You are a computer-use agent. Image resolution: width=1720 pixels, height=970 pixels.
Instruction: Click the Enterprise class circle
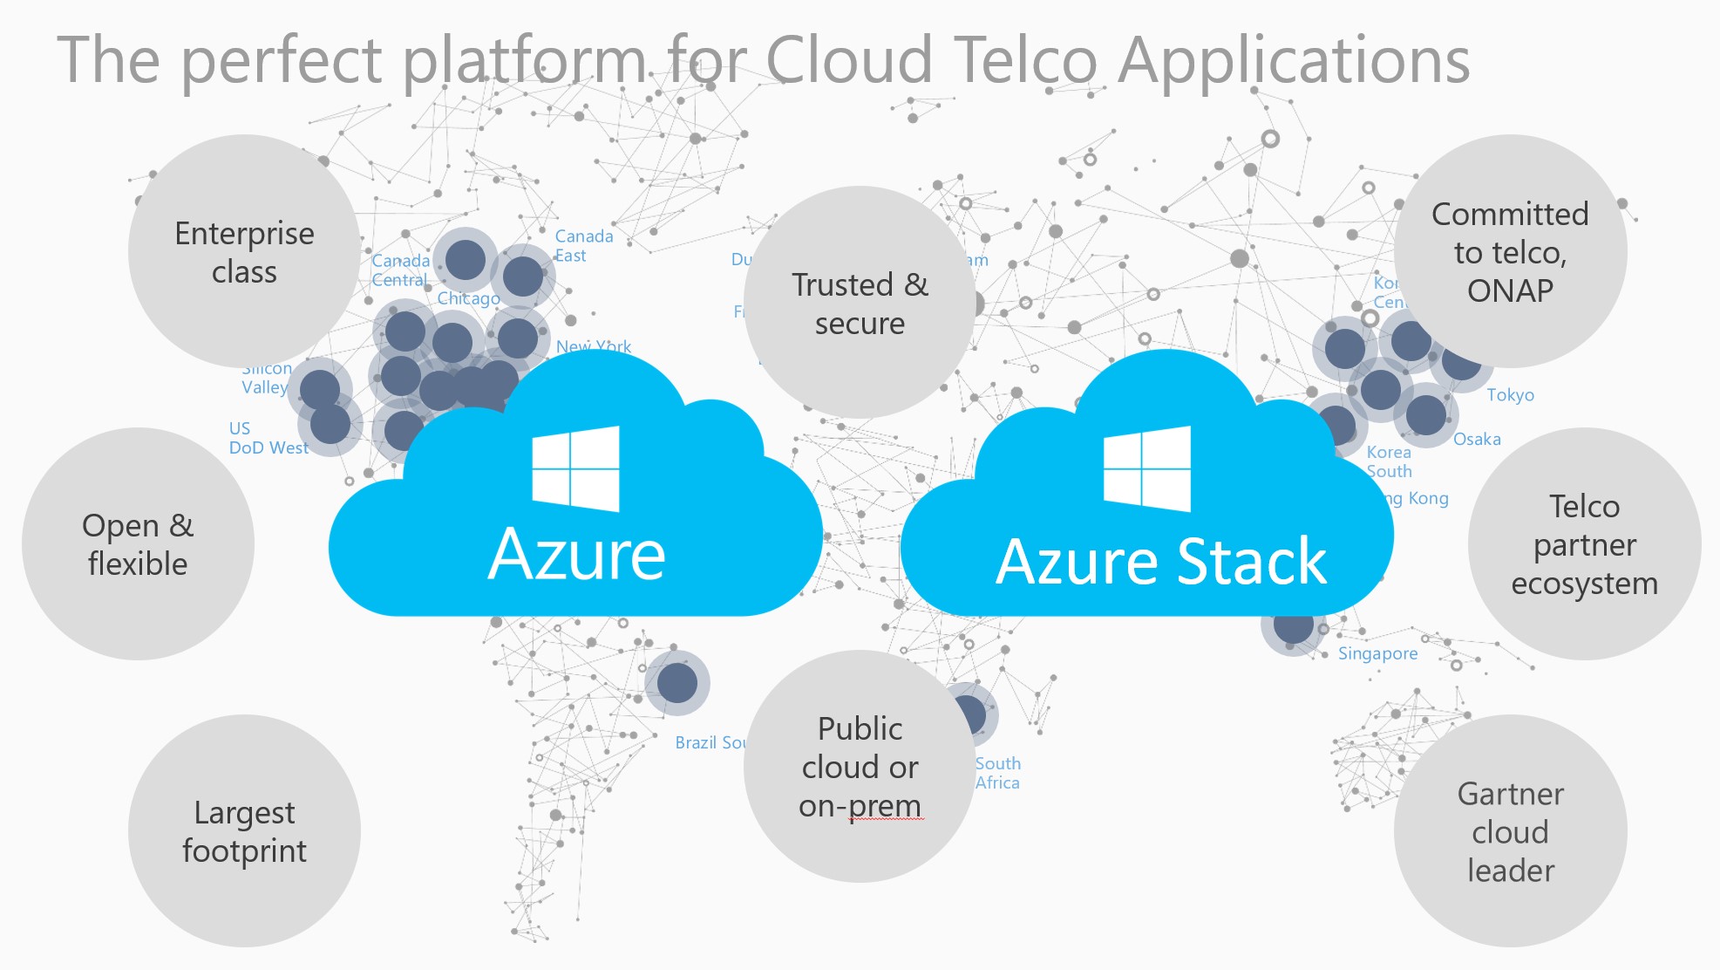[x=244, y=252]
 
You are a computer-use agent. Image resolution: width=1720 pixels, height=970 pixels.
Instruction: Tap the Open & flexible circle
[x=138, y=544]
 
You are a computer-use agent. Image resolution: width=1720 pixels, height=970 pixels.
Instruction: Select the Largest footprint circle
[x=244, y=831]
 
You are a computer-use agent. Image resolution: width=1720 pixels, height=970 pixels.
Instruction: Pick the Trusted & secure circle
[x=860, y=303]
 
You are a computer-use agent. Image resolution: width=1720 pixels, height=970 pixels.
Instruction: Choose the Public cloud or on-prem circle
[x=860, y=767]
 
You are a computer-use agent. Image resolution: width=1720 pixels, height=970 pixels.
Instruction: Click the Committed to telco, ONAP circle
[x=1510, y=251]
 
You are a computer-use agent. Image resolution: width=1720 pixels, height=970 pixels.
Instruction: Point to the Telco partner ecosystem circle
[x=1584, y=544]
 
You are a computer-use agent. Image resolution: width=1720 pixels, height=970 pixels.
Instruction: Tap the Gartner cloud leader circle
[x=1510, y=831]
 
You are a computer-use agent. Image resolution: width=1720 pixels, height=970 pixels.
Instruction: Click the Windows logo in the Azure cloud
[x=576, y=468]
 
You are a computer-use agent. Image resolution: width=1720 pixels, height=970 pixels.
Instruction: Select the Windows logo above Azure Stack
[x=1147, y=468]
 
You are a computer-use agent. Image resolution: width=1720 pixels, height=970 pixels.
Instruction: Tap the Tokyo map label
[x=1510, y=395]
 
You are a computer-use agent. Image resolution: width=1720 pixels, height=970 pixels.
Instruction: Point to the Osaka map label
[x=1477, y=439]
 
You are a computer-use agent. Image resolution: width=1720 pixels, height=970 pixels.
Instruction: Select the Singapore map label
[x=1377, y=653]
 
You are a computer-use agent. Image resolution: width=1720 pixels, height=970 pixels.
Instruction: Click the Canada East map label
[x=583, y=246]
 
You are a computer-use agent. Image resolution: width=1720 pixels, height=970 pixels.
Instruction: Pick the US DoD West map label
[x=268, y=438]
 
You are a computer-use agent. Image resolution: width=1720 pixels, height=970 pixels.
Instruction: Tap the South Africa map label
[x=997, y=773]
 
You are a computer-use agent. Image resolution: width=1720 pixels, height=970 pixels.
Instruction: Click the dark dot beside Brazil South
[x=677, y=682]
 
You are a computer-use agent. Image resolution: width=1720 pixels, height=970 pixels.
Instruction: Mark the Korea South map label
[x=1389, y=461]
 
